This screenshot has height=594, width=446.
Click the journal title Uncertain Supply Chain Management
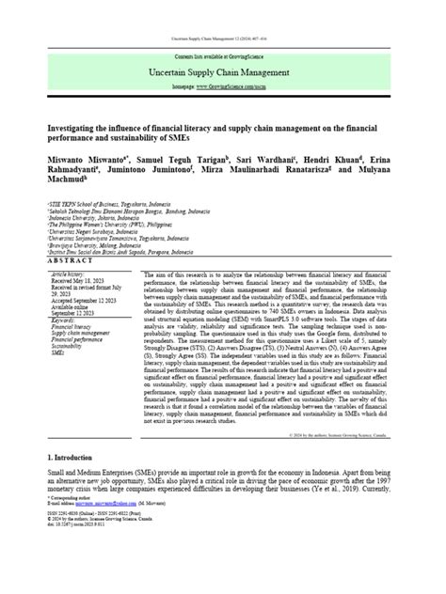(x=223, y=72)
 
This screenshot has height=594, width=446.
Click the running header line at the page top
(x=222, y=37)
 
